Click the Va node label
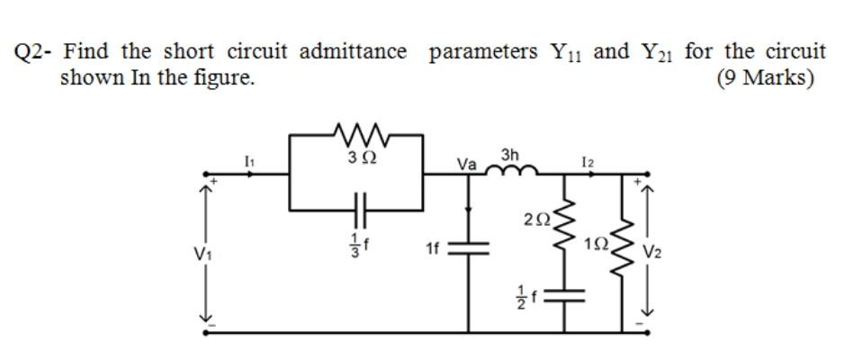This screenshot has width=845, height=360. point(466,164)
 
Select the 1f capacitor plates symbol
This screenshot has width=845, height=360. point(468,247)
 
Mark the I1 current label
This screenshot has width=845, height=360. point(250,159)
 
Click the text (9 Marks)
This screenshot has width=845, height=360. point(765,77)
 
